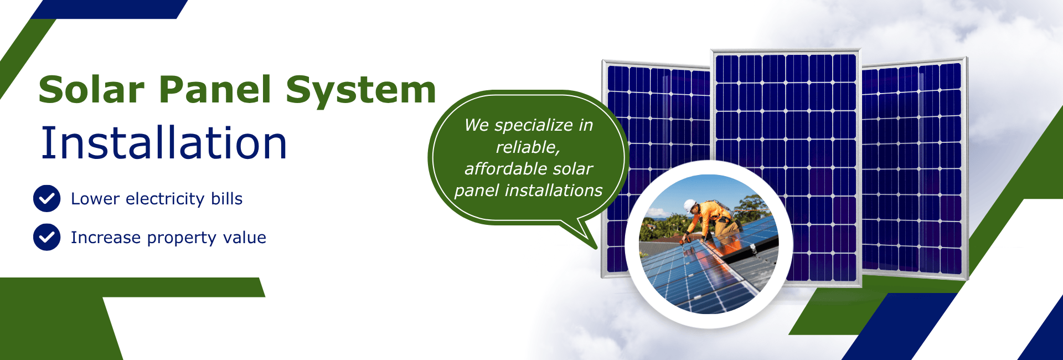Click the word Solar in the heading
tap(91, 90)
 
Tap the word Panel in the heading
tap(215, 90)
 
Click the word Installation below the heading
tap(164, 143)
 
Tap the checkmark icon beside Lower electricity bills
tap(47, 199)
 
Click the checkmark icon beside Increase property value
tap(47, 238)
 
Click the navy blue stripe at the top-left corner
tap(111, 9)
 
